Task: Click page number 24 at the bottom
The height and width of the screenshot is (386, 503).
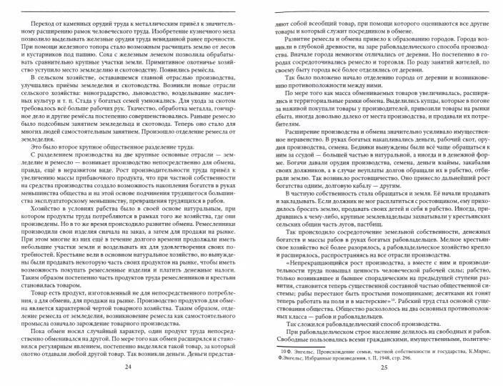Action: tap(129, 367)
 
